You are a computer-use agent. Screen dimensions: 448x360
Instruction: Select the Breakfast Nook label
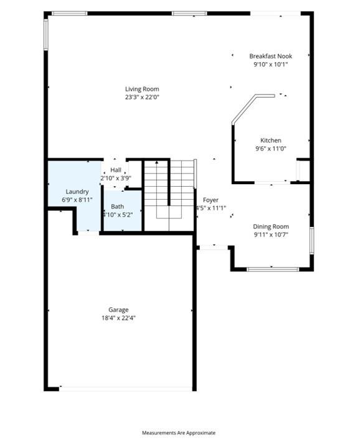click(x=270, y=56)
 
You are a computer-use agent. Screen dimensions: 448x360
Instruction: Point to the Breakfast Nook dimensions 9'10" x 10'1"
click(x=270, y=64)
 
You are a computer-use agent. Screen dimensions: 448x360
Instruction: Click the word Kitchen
click(x=270, y=141)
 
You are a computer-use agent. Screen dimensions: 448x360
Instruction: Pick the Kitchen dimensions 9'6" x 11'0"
click(x=270, y=149)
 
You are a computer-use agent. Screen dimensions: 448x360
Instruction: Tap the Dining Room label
click(x=271, y=226)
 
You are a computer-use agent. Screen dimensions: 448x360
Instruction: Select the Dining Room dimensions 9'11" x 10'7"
click(x=271, y=235)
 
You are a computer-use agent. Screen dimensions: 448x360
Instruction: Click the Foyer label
click(x=211, y=200)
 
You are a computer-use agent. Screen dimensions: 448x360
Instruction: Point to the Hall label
click(x=116, y=170)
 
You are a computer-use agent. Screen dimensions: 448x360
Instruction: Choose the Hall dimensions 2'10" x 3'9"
click(x=116, y=178)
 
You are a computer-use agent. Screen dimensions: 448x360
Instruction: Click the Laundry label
click(x=77, y=192)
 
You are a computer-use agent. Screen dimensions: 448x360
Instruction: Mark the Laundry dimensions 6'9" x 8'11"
click(x=77, y=200)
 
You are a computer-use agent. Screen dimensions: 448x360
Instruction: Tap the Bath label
click(x=118, y=207)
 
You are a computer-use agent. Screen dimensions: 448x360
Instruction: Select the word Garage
click(x=118, y=310)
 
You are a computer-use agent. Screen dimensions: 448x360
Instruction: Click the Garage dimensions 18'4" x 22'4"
click(x=118, y=318)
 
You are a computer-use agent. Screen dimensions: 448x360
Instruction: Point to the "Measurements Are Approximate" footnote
click(x=179, y=432)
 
